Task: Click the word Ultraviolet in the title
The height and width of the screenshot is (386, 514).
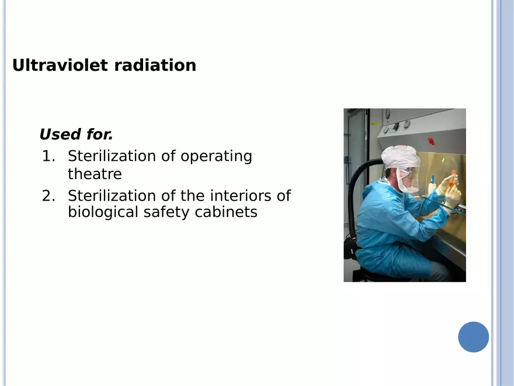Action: point(60,65)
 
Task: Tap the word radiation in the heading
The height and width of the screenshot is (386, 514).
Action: point(155,65)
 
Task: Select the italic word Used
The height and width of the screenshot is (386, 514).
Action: point(60,135)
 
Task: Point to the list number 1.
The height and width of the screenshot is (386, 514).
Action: point(48,156)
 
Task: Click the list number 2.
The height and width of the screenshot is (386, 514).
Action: point(48,196)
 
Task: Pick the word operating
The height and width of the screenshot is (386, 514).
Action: point(216,157)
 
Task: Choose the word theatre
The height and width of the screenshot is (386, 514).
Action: point(95,174)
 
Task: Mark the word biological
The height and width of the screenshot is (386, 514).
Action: point(103,212)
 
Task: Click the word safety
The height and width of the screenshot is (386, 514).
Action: point(166,212)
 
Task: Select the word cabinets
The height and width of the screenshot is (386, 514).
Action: point(226,212)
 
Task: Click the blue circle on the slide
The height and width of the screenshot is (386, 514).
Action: point(473,337)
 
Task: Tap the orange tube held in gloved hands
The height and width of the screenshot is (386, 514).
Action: point(453,179)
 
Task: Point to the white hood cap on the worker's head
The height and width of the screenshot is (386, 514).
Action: point(401,157)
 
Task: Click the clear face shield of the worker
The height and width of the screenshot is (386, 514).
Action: point(408,180)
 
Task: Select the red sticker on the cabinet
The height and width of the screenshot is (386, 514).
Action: point(431,142)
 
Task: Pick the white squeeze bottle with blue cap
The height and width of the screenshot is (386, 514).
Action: point(432,186)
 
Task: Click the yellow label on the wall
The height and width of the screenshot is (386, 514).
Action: point(374,123)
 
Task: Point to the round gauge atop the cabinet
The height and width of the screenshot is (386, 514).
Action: point(387,112)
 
